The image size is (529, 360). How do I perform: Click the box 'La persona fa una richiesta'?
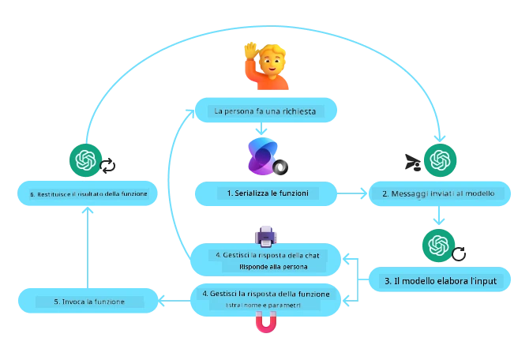(x=264, y=111)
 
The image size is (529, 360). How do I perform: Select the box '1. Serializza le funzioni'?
(x=267, y=193)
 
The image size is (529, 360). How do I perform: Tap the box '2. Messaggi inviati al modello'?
(x=437, y=193)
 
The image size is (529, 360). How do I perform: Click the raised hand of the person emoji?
(x=250, y=49)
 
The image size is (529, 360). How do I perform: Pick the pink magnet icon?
(x=266, y=323)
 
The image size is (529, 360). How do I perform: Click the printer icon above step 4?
(x=265, y=234)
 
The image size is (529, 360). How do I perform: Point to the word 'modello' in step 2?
(x=478, y=193)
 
